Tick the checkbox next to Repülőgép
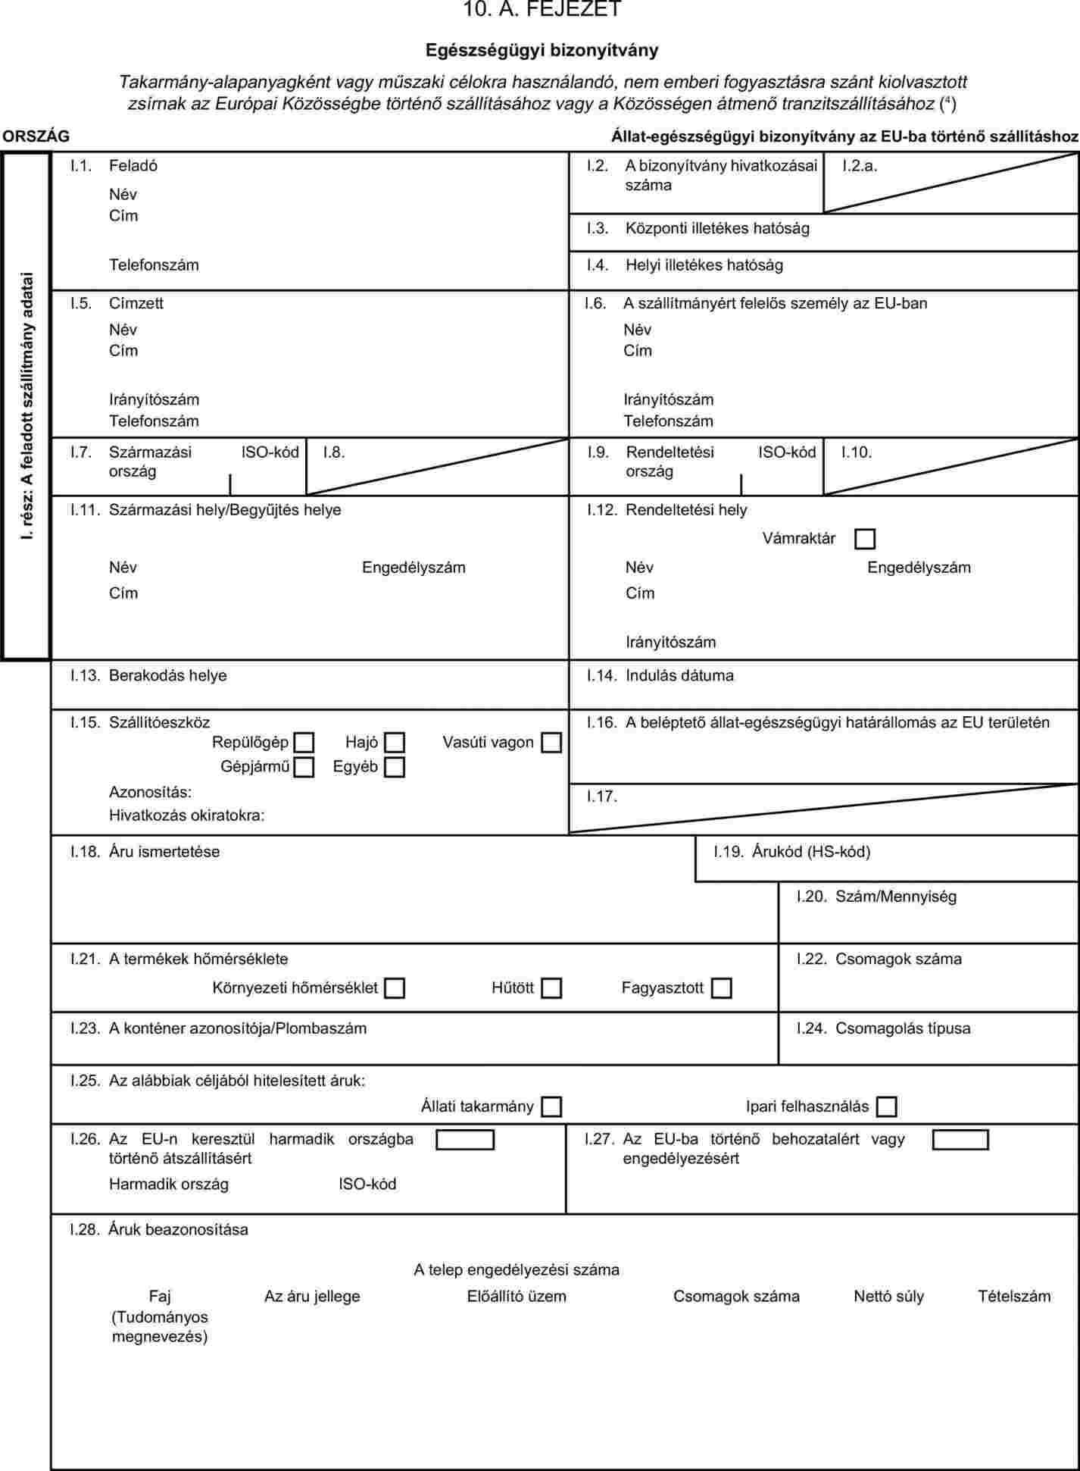(x=304, y=743)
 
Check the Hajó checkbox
(x=395, y=743)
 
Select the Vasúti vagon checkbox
(x=551, y=743)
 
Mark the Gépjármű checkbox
(x=304, y=767)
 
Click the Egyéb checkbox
(x=395, y=767)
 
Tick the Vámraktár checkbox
(x=864, y=539)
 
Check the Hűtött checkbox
(x=551, y=988)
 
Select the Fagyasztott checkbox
(x=722, y=988)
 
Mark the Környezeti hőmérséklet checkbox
(x=395, y=988)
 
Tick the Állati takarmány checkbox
(x=551, y=1106)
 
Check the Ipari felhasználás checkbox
(x=886, y=1106)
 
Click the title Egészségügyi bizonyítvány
(x=542, y=50)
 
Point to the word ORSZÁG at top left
(x=36, y=136)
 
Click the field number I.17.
(x=602, y=797)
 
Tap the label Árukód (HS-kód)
(x=811, y=852)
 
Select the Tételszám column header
(x=1014, y=1296)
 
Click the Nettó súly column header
(x=888, y=1296)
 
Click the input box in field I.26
(x=465, y=1140)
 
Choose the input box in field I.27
(x=960, y=1140)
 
